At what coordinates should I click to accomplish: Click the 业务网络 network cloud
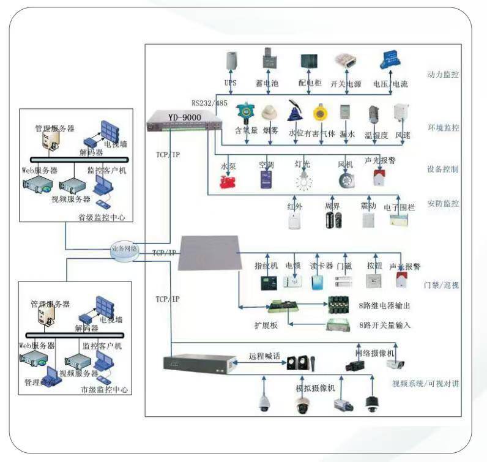click(125, 250)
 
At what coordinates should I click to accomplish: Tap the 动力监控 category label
click(443, 75)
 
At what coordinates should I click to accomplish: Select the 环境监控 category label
click(443, 128)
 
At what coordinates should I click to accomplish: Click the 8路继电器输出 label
click(384, 305)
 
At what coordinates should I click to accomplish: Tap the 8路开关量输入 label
click(384, 324)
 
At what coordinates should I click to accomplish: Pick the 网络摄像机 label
click(375, 353)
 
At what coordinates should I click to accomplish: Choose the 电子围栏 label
click(399, 207)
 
